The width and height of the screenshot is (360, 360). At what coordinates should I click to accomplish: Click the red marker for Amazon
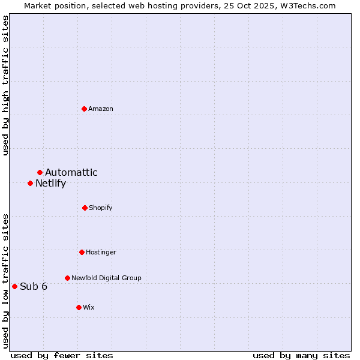point(84,109)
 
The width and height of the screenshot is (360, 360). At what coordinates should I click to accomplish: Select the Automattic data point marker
point(40,173)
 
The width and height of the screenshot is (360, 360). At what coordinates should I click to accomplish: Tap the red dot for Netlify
point(30,183)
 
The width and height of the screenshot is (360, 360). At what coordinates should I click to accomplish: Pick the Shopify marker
point(85,208)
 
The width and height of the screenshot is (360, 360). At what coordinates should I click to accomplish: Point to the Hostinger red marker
point(82,252)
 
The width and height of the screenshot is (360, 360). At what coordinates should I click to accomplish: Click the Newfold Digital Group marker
point(67,278)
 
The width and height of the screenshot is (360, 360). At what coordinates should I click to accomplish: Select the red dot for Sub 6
point(14,286)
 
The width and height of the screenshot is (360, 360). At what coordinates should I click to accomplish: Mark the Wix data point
point(79,307)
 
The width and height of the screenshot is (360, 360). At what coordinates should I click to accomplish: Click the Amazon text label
point(101,109)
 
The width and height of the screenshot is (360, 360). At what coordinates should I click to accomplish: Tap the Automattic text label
point(71,173)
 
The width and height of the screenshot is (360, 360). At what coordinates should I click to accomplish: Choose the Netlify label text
point(50,184)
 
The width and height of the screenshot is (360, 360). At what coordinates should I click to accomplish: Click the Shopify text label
point(101,208)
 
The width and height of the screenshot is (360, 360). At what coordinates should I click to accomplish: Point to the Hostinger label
point(101,252)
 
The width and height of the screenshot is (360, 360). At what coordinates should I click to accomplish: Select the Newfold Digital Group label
point(106,278)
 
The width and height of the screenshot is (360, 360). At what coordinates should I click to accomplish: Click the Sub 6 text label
point(34,286)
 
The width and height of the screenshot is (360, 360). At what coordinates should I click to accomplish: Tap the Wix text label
point(89,307)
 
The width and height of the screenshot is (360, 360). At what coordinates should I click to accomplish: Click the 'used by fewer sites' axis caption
point(62,355)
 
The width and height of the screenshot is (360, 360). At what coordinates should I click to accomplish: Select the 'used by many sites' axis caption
point(301,355)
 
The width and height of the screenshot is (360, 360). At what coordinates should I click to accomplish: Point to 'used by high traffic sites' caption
point(5,85)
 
